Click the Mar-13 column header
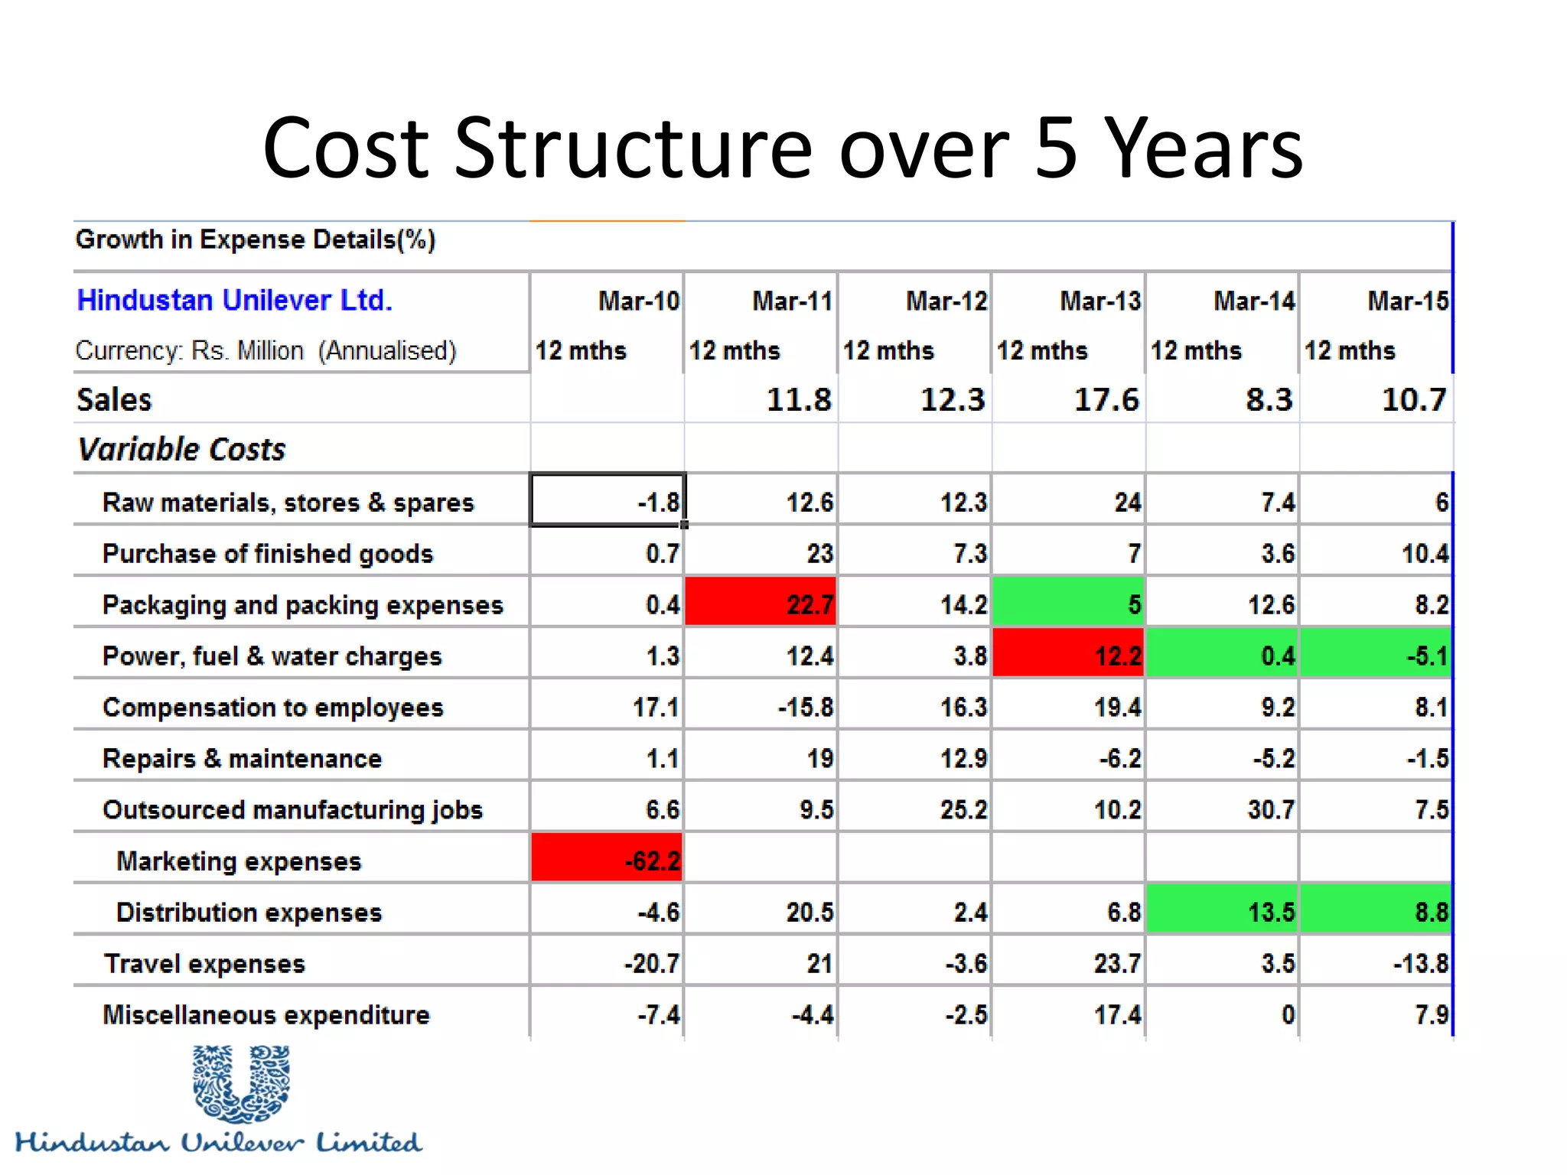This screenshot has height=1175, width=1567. [1100, 301]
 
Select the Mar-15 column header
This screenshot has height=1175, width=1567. [1407, 301]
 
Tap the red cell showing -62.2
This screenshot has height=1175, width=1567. [608, 860]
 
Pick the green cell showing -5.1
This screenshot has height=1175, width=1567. [1376, 655]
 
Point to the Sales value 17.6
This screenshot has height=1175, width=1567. [1106, 399]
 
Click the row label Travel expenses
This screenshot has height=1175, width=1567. [205, 963]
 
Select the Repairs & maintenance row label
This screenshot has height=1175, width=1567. [242, 758]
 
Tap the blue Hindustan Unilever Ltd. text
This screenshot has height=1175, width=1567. [234, 300]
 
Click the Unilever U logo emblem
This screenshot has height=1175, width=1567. [241, 1082]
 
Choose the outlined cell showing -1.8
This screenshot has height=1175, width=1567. [608, 501]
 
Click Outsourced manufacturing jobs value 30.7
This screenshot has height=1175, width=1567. [1270, 809]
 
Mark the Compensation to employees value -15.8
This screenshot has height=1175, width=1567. [806, 707]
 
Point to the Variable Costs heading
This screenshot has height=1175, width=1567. [182, 449]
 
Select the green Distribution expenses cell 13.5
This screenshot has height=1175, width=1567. [1223, 911]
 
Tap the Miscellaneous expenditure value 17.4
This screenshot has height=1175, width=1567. [1117, 1014]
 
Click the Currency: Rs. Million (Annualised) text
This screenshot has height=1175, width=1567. [266, 350]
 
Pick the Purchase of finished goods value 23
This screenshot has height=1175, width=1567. [819, 552]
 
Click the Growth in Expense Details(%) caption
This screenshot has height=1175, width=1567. [256, 239]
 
